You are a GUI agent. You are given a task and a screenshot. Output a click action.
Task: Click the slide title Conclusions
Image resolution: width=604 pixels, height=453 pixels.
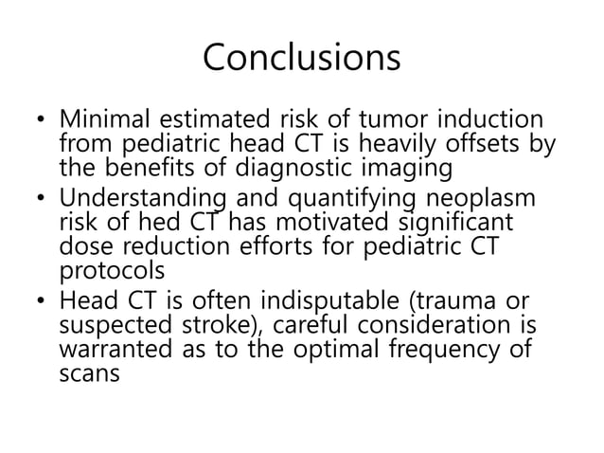point(301,58)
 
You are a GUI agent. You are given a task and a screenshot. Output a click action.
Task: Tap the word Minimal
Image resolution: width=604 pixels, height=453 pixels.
point(102,122)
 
